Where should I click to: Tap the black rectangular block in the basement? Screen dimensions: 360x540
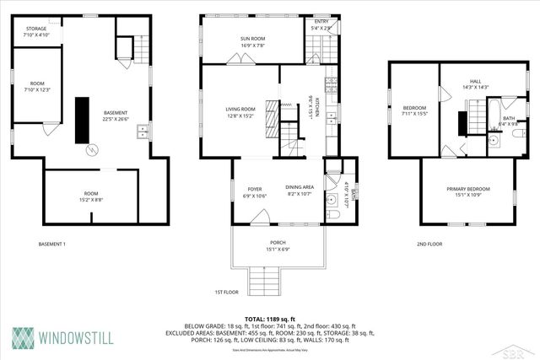point(83,121)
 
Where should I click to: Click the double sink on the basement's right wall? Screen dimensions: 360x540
point(144,131)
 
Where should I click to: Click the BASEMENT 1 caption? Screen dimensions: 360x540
point(51,244)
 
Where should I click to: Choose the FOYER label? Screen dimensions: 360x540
point(254,189)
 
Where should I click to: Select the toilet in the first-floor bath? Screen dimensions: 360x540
point(333,216)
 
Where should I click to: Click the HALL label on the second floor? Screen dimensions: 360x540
point(476,82)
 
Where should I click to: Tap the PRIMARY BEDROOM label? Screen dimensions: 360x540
point(467,189)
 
